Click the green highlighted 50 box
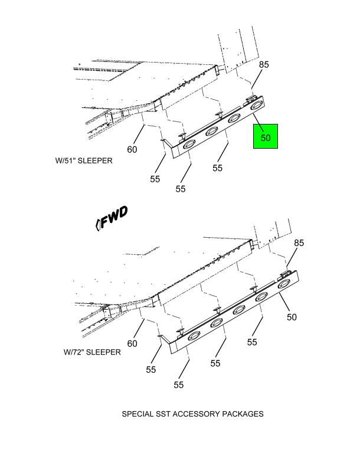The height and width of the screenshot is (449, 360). coord(266,137)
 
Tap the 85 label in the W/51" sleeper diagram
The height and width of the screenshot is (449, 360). coord(264,65)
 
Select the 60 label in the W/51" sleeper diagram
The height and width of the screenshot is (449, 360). coord(132,149)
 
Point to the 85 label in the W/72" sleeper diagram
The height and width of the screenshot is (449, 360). coord(299,242)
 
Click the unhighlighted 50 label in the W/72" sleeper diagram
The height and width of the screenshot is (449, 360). coord(292,317)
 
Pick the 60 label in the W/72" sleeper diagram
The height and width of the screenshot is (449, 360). coord(132,343)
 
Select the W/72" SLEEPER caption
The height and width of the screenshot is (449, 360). coord(92,352)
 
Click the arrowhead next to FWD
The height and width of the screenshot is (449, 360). coord(97,224)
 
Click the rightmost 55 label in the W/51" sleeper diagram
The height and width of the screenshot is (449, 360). coord(217,168)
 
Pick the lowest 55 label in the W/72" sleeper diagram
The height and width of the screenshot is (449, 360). coord(179,385)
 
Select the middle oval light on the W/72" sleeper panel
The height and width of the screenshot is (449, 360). coord(239,310)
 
